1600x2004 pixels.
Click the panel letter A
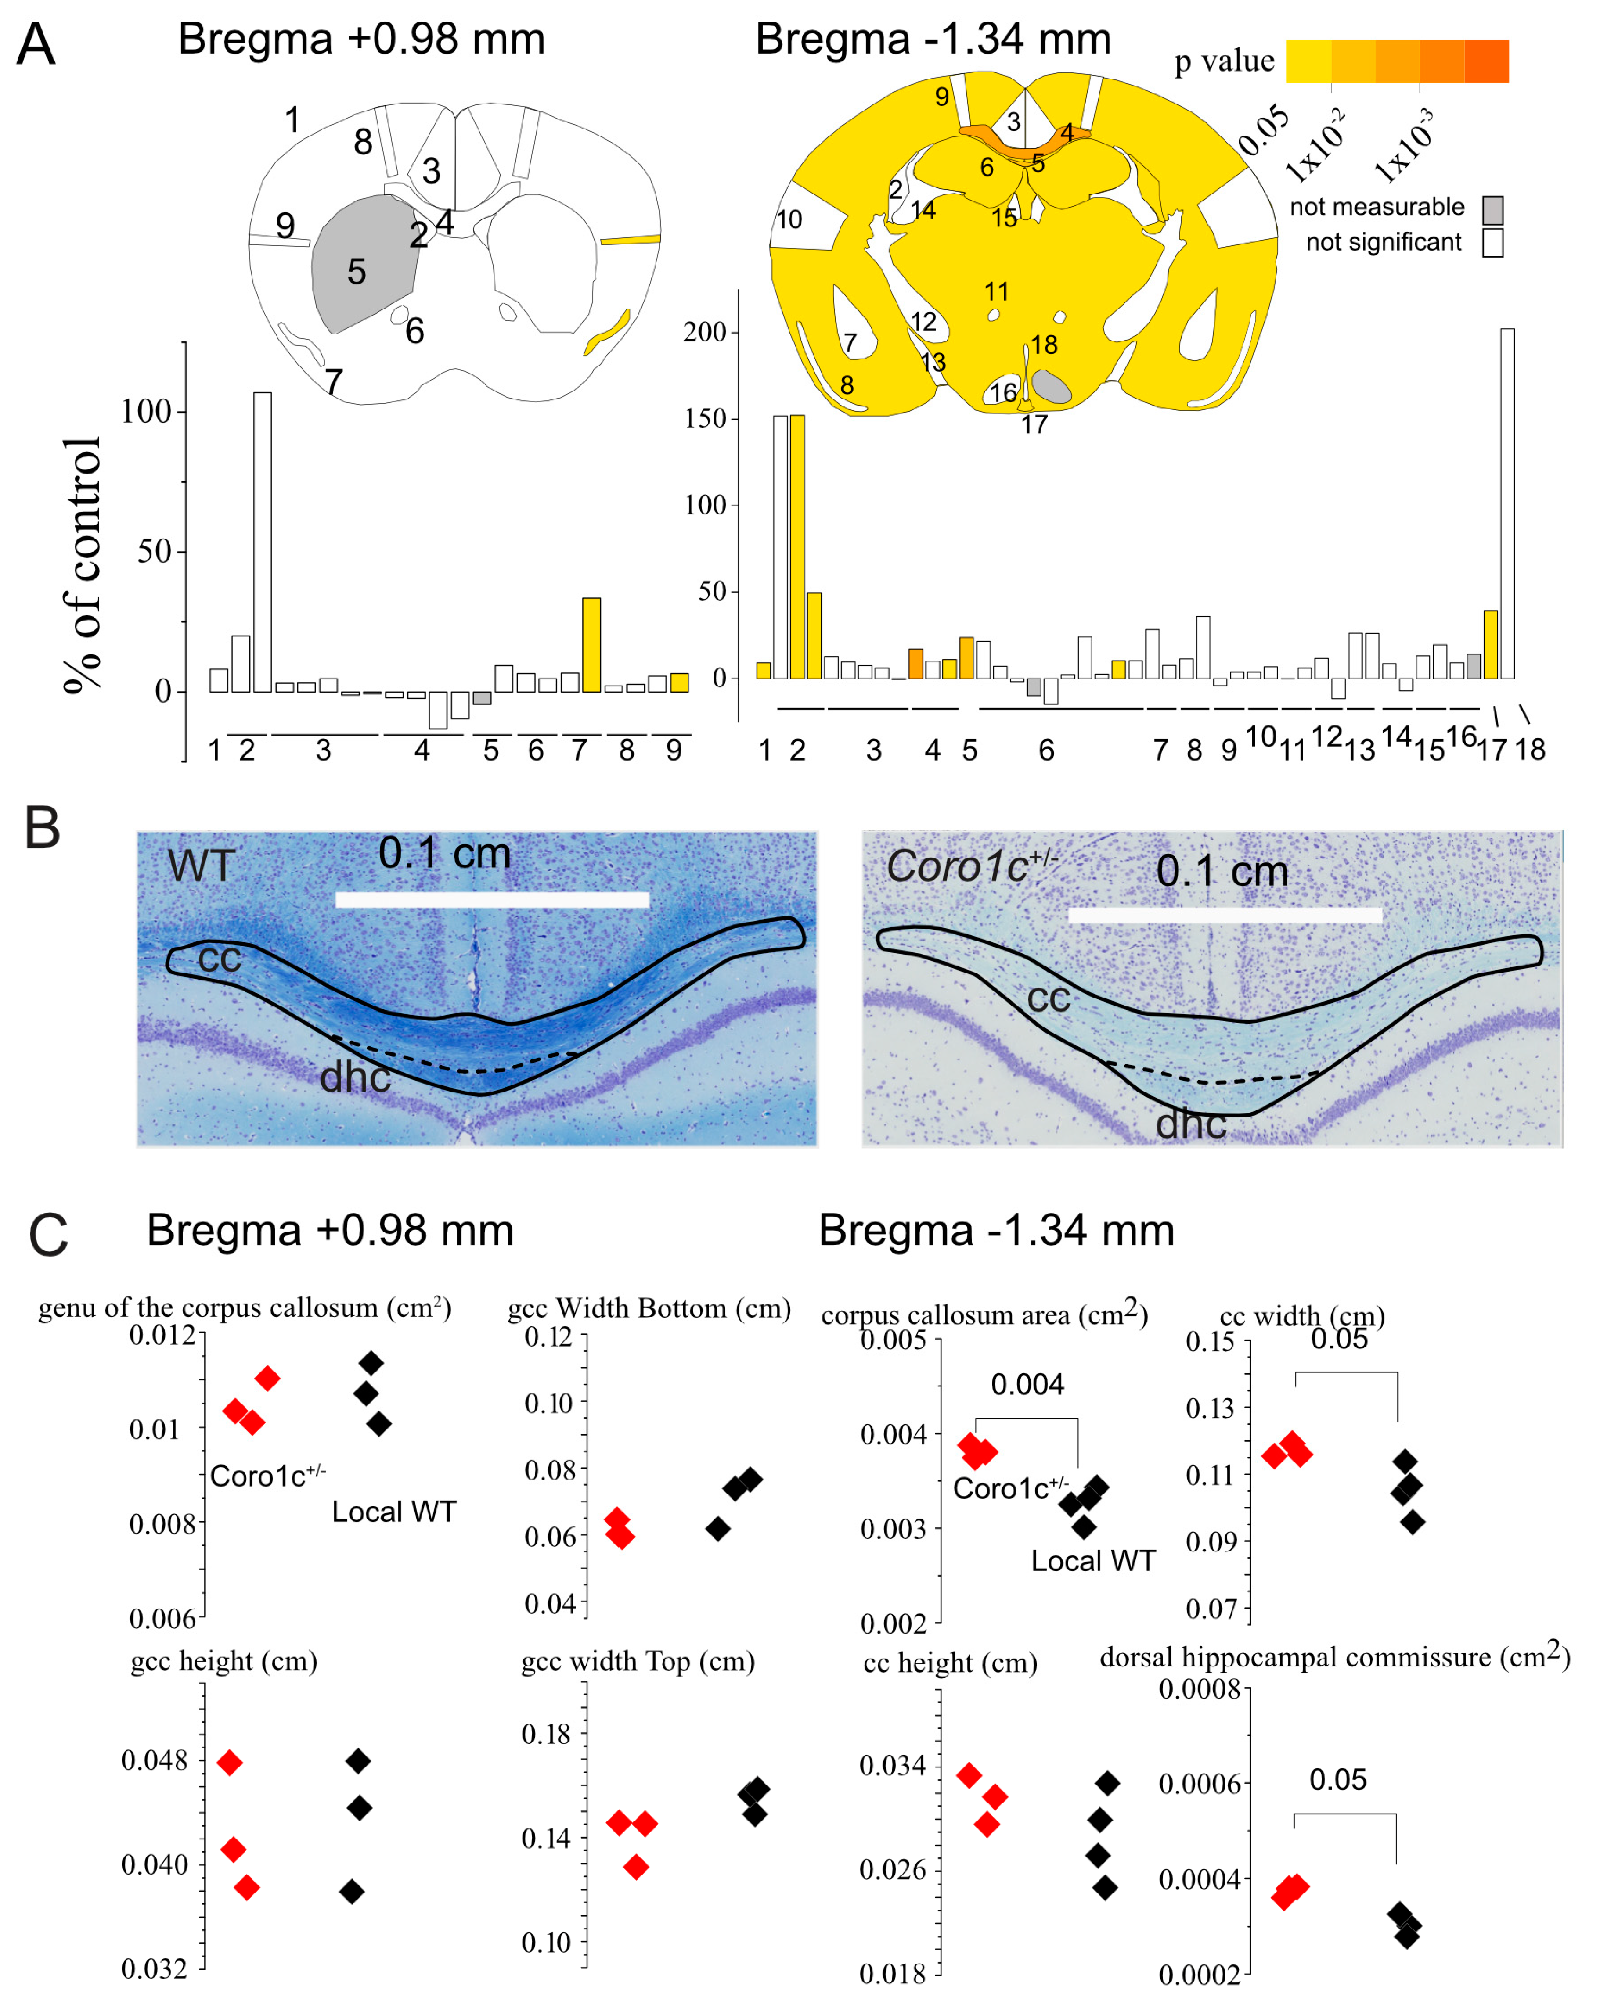[35, 44]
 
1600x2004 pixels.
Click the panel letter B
[42, 827]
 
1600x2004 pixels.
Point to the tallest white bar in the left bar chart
[263, 542]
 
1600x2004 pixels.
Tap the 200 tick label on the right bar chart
[705, 332]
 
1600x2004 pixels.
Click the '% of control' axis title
[82, 565]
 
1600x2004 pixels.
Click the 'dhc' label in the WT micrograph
[355, 1077]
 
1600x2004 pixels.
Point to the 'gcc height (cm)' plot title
[224, 1661]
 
